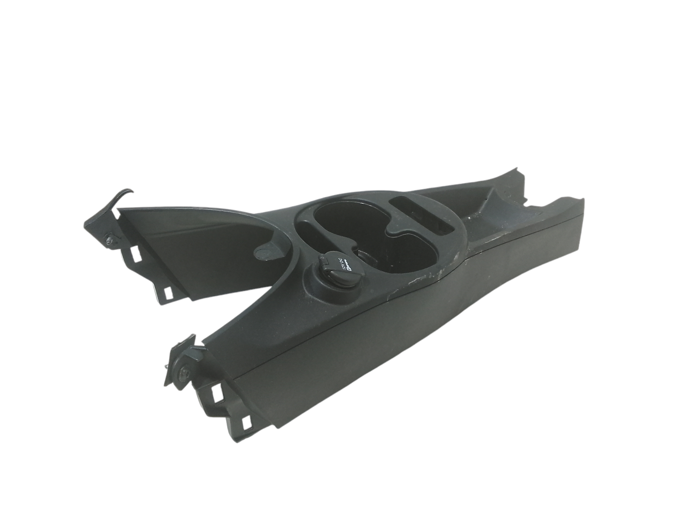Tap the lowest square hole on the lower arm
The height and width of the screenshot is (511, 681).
coord(246,423)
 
